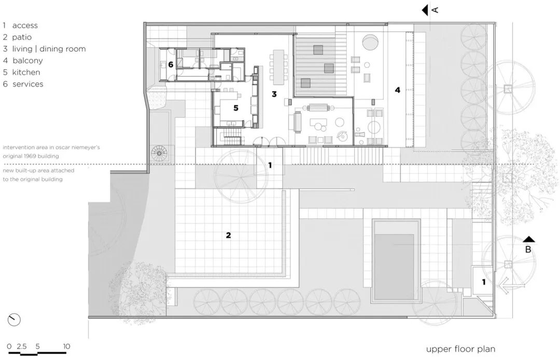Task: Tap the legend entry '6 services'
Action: click(23, 84)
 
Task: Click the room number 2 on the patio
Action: click(228, 235)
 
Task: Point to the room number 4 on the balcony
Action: click(397, 90)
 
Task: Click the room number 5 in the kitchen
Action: click(235, 108)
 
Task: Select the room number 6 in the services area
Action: click(171, 65)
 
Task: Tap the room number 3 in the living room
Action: click(274, 94)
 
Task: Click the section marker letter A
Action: click(435, 9)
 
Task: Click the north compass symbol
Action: click(14, 320)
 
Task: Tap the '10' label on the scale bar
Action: click(66, 346)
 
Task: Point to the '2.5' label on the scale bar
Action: click(22, 346)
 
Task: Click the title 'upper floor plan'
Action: click(460, 349)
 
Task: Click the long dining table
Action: click(278, 66)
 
